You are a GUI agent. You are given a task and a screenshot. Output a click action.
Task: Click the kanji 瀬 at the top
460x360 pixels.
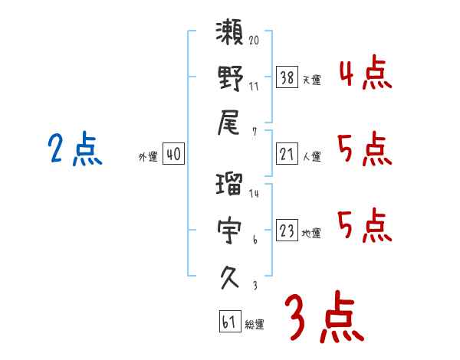tap(230, 35)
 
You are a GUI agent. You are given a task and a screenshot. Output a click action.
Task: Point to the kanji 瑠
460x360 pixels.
tap(230, 185)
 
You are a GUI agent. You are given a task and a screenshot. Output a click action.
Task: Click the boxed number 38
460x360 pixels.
tap(287, 77)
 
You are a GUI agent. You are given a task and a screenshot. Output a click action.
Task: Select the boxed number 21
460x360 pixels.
tap(287, 155)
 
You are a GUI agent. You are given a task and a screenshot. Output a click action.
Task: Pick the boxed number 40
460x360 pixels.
tap(173, 155)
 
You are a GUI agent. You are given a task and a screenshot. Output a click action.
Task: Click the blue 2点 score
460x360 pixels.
tap(76, 150)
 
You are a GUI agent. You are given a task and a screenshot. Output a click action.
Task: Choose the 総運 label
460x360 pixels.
tap(255, 324)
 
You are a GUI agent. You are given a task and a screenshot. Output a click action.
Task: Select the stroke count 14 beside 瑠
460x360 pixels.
tap(254, 193)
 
